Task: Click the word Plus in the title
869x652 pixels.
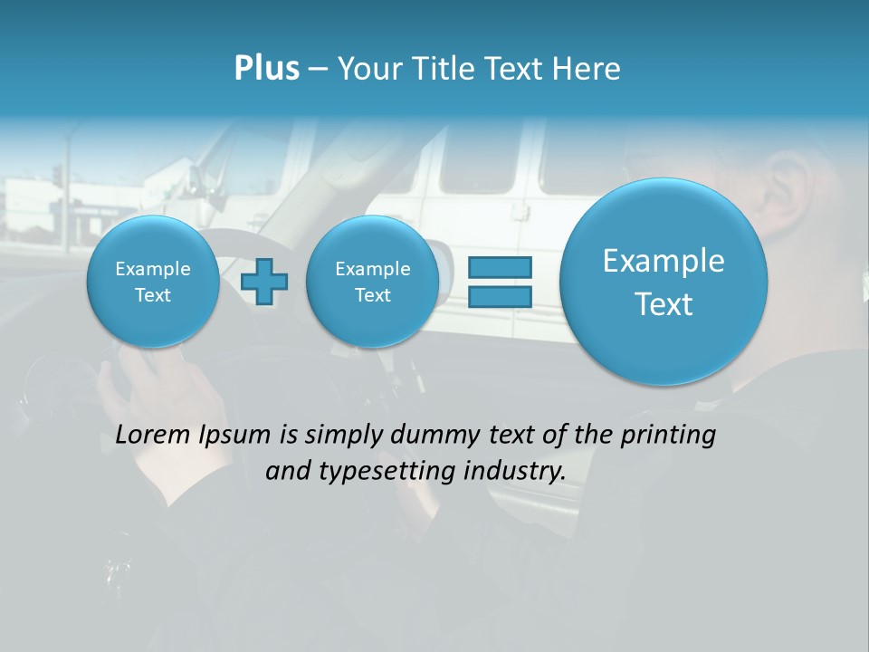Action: point(266,69)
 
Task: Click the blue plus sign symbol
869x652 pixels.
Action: point(264,282)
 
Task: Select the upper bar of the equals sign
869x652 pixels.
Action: point(499,268)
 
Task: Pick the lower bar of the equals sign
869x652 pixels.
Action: point(499,296)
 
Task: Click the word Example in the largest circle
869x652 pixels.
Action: point(664,261)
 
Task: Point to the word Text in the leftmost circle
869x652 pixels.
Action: point(153,295)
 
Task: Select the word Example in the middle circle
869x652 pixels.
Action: point(372,269)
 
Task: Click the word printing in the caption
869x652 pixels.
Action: point(667,436)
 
